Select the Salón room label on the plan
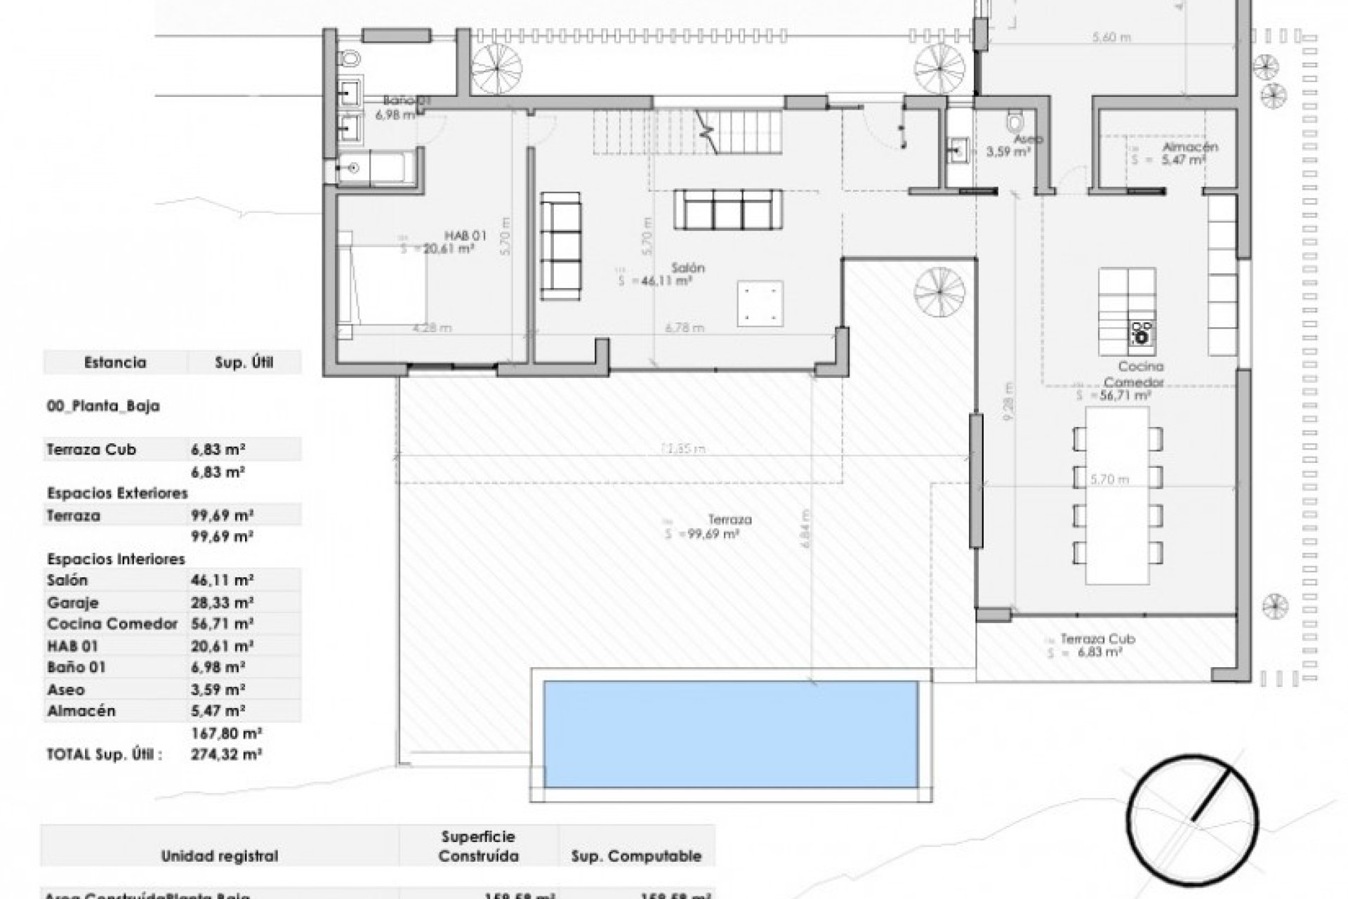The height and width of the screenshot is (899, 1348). (687, 268)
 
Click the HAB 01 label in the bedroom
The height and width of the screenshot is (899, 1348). (465, 235)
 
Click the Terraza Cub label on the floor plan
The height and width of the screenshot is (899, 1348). (1097, 639)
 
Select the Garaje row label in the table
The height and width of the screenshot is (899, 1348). (73, 603)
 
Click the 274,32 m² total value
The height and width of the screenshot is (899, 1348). (226, 755)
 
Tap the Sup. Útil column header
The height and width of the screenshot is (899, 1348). (244, 362)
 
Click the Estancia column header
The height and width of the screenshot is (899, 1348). (115, 362)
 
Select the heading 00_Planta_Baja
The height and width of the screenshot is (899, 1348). (103, 406)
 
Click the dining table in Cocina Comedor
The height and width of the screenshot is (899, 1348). (1117, 495)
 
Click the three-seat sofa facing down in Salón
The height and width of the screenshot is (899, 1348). (728, 209)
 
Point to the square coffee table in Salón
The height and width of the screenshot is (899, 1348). (760, 303)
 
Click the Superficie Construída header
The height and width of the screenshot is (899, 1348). (478, 846)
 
